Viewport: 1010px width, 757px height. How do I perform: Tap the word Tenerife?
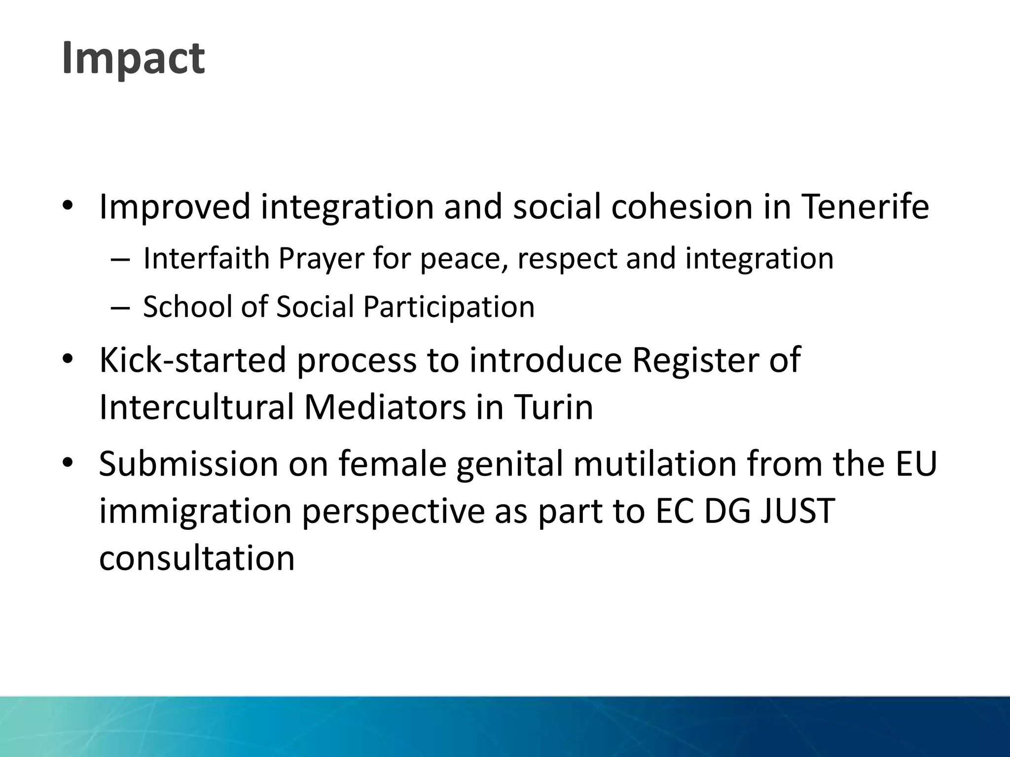[865, 207]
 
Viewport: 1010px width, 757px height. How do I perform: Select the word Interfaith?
[206, 258]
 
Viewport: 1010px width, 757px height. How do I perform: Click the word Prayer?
[321, 259]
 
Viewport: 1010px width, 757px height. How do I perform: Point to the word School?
[187, 307]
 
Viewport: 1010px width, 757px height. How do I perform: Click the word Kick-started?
[192, 360]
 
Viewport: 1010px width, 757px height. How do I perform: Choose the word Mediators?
[385, 407]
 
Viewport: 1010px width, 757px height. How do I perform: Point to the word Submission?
[188, 464]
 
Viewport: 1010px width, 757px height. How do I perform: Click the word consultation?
[197, 558]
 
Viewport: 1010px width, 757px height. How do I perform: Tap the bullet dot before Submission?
[68, 463]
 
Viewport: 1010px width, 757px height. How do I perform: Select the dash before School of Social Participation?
[120, 308]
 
